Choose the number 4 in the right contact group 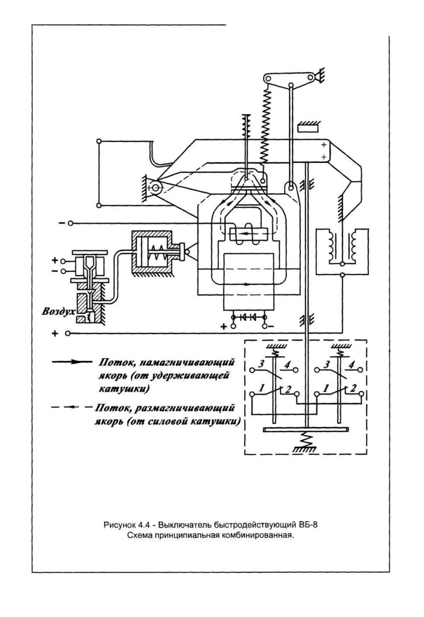click(352, 364)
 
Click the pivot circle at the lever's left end click(155, 189)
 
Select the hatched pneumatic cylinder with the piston click(152, 253)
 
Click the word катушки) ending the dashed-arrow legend click(215, 420)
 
